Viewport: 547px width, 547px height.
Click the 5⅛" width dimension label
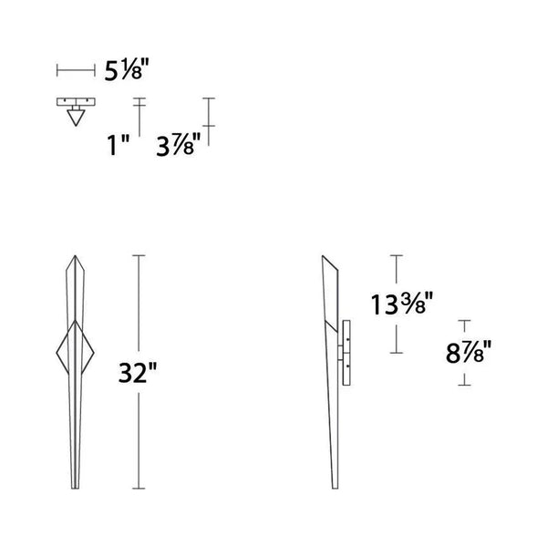click(x=125, y=70)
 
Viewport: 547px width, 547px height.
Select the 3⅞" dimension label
click(x=178, y=143)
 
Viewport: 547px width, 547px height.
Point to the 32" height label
click(x=139, y=373)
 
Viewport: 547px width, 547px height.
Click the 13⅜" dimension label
click(x=398, y=304)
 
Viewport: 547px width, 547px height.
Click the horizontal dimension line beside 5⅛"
click(x=76, y=69)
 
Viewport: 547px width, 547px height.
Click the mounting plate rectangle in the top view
click(x=76, y=102)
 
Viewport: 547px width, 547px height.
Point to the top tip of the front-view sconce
click(x=74, y=255)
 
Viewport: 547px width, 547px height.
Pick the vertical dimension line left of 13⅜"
click(x=396, y=273)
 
